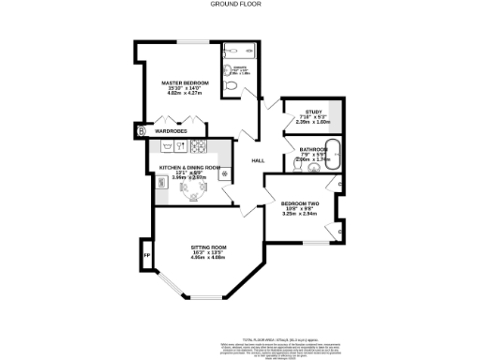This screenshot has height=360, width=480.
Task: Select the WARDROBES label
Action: [x=173, y=131]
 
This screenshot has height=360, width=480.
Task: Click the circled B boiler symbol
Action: [x=142, y=131]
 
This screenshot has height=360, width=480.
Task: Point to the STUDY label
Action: [x=302, y=111]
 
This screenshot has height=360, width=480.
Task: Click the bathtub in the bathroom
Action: [x=329, y=147]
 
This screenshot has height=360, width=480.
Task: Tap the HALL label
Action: [x=258, y=160]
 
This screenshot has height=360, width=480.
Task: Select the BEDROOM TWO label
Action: [x=301, y=203]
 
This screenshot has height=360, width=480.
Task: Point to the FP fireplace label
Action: [x=145, y=254]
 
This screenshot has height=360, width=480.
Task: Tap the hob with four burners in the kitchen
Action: [x=199, y=146]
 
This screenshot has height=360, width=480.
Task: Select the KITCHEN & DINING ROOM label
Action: [x=183, y=167]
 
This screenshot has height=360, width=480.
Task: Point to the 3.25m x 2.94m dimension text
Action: [x=301, y=215]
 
